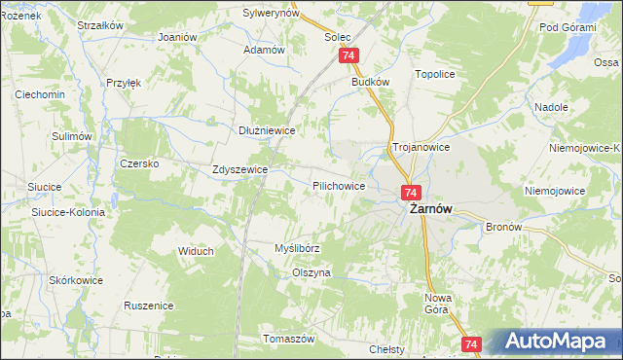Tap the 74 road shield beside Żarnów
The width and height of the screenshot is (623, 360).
pos(410,194)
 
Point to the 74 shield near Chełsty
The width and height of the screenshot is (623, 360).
pos(471,344)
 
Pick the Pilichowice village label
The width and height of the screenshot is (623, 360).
pos(339,185)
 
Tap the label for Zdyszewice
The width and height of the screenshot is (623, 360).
pos(239,169)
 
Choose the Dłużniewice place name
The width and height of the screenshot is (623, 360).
pos(267,129)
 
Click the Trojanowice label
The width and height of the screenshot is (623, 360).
pos(420,147)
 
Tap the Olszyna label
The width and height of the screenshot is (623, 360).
pos(311,273)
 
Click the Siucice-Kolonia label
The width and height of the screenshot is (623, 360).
pos(68,210)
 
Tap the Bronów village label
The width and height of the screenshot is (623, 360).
pos(504,227)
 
